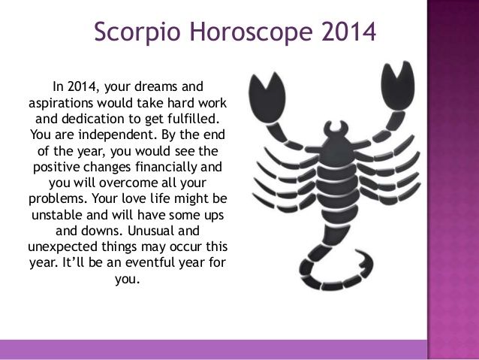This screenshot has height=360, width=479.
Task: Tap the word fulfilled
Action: pyautogui.click(x=194, y=118)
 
